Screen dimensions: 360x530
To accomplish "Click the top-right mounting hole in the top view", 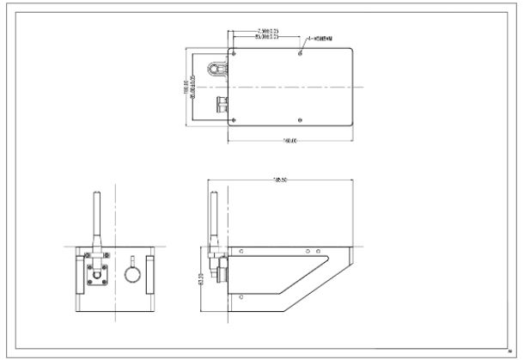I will pos(300,53).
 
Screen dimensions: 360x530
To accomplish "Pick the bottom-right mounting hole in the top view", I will pos(300,119).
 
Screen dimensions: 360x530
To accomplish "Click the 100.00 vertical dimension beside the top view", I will pos(185,87).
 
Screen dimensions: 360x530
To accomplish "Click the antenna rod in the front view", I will pos(96,218).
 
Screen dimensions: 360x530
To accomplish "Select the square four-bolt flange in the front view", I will pos(97,273).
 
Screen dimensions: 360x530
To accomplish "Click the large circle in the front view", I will pos(132,274).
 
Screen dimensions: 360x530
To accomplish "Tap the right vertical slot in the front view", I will pos(149,273).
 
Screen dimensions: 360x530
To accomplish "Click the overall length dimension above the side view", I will pos(279,180).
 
